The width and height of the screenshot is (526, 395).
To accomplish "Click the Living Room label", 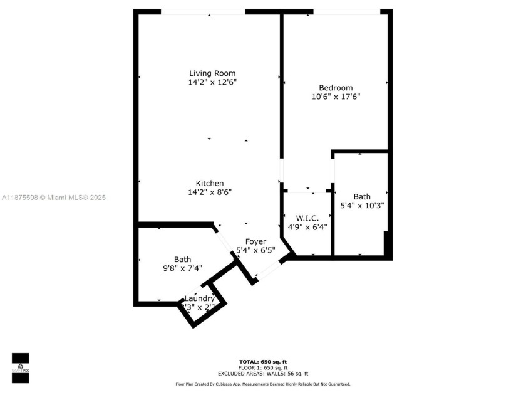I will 212,73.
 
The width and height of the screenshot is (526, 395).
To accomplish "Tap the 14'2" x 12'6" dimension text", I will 212,82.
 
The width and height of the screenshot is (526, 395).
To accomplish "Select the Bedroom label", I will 336,88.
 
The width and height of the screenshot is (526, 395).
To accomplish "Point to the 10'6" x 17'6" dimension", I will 336,97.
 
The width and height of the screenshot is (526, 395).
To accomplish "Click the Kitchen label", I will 209,183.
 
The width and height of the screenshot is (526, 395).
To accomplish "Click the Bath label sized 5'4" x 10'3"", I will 361,196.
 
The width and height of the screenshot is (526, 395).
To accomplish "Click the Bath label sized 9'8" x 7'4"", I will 182,259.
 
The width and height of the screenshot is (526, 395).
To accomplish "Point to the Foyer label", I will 255,241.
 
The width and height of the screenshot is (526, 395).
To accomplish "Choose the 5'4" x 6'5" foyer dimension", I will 255,250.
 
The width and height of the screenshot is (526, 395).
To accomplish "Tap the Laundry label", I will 199,298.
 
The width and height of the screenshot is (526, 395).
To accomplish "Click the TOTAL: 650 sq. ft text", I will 262,362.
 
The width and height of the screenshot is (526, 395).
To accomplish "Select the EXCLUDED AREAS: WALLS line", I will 262,373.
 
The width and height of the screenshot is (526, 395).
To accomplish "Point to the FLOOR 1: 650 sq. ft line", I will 262,367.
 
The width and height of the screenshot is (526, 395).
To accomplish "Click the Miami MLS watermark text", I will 54,197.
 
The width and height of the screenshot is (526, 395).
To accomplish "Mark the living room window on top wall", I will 203,12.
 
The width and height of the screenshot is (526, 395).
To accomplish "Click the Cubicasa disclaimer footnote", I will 262,384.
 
